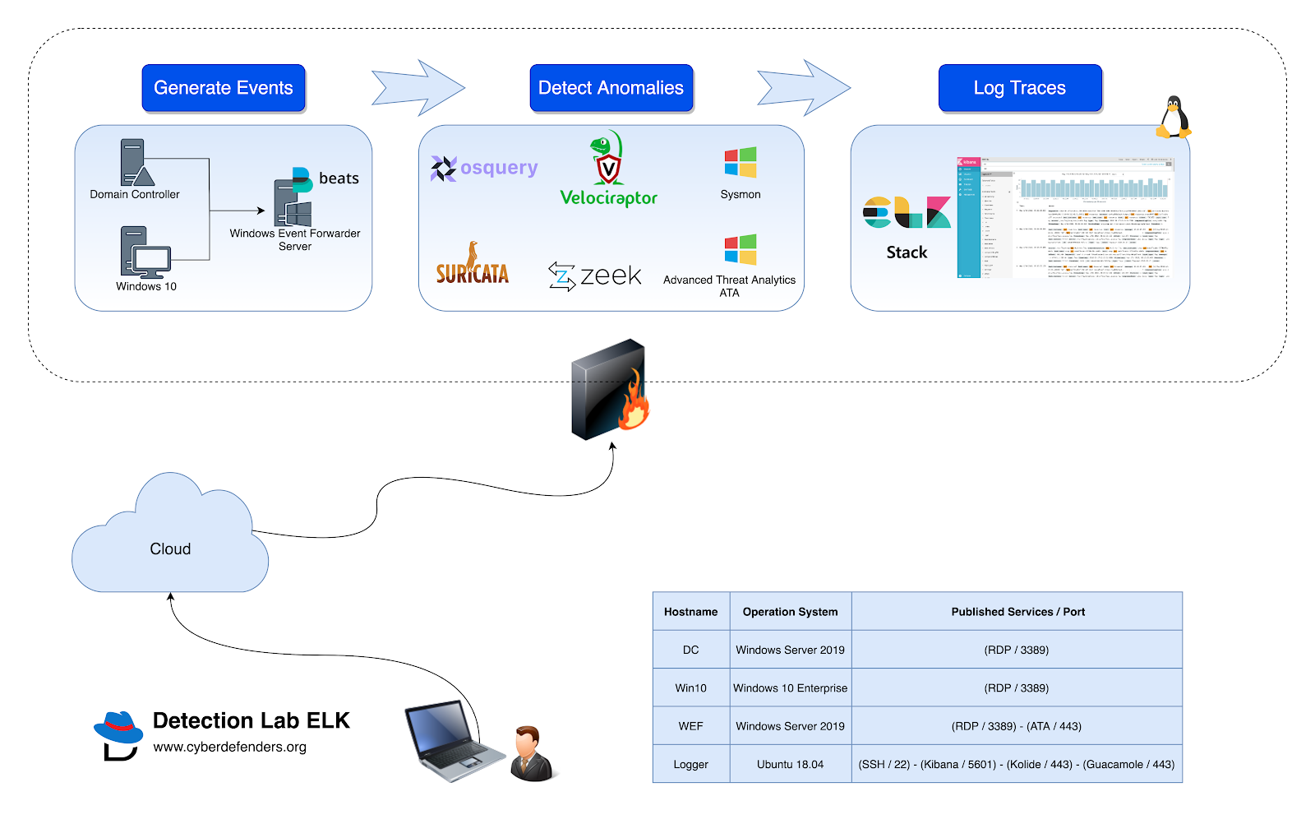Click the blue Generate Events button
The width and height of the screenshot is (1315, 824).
click(223, 88)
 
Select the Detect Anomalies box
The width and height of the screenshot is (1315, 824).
click(611, 88)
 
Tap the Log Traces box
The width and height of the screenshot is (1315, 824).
click(1019, 88)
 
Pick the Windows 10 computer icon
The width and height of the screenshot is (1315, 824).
click(145, 252)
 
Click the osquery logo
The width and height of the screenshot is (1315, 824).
click(484, 169)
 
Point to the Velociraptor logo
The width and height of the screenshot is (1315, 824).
click(608, 169)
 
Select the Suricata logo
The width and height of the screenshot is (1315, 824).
click(472, 265)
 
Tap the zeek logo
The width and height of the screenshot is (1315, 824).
click(595, 275)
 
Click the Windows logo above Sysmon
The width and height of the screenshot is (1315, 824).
click(740, 163)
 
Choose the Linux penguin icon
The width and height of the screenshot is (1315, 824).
click(1173, 118)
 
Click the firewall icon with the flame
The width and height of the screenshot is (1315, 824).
click(610, 390)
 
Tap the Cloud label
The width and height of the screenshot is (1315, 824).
click(170, 549)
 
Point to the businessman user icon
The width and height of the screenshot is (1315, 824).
click(531, 753)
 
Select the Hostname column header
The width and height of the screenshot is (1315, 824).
click(690, 612)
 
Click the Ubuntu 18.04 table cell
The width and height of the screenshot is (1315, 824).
click(790, 764)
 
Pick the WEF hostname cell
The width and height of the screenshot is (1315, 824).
click(690, 726)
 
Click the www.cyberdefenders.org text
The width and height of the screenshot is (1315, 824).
click(229, 747)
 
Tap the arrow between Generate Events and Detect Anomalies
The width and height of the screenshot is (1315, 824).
click(418, 87)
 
